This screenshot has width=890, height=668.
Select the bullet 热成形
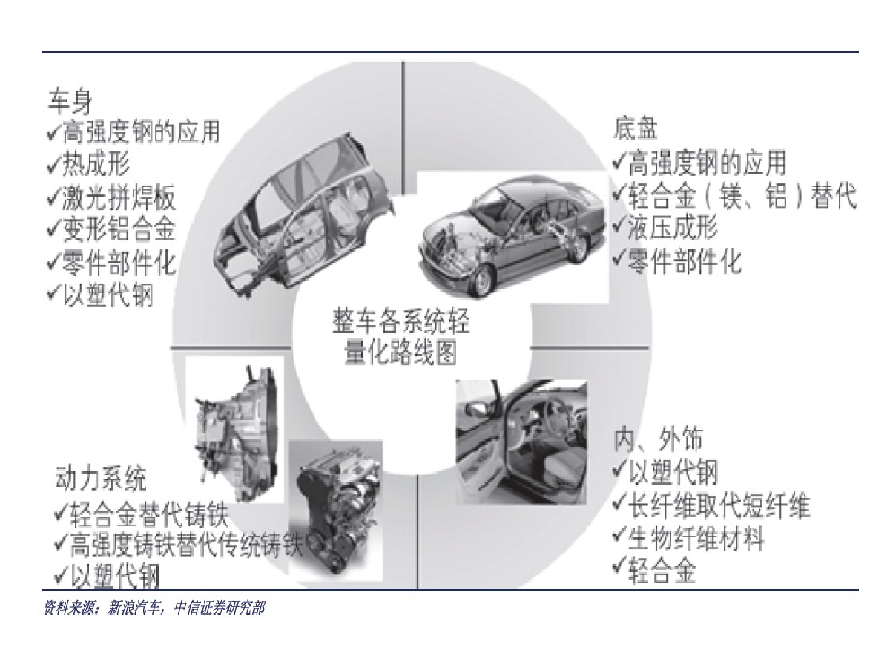click(89, 164)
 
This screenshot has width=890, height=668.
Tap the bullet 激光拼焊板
click(111, 197)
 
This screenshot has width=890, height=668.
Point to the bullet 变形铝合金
click(111, 229)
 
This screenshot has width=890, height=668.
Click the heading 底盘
click(635, 128)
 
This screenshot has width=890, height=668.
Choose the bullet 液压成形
click(665, 226)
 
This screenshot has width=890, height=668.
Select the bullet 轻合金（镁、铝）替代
click(734, 195)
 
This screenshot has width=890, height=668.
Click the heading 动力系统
click(101, 479)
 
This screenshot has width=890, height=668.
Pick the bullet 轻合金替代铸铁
click(142, 514)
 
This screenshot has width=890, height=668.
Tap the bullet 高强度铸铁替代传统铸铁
click(179, 546)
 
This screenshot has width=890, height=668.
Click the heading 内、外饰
click(658, 439)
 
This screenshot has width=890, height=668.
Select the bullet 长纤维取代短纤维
click(711, 505)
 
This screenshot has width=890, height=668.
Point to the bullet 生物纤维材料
click(688, 538)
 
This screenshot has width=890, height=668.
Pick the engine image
click(336, 512)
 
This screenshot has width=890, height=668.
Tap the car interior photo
click(522, 442)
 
